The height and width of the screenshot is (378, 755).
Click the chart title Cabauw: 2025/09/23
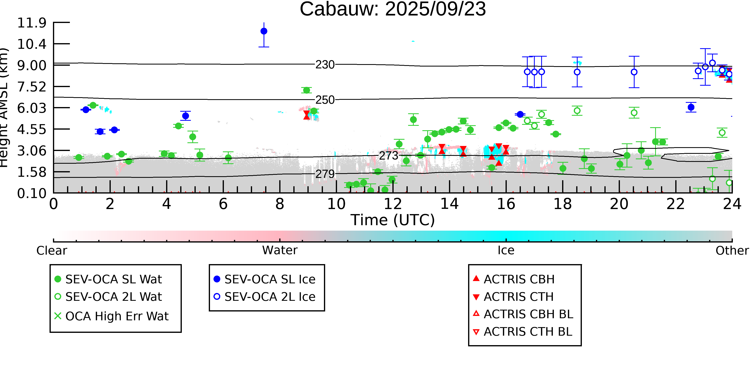[393, 9]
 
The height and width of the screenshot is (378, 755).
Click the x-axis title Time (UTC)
[393, 220]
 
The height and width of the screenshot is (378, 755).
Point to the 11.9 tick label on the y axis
[32, 23]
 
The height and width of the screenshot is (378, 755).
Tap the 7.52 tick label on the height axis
[32, 87]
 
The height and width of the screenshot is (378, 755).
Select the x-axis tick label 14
[449, 204]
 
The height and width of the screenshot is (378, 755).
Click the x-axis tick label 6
[223, 204]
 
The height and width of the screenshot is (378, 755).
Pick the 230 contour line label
[325, 65]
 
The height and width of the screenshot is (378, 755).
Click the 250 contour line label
[325, 100]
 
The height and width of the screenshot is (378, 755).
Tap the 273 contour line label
[389, 156]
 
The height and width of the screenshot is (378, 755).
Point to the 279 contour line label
[325, 174]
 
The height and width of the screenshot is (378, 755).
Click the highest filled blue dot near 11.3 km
[264, 31]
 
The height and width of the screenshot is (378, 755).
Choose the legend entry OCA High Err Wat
[111, 316]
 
